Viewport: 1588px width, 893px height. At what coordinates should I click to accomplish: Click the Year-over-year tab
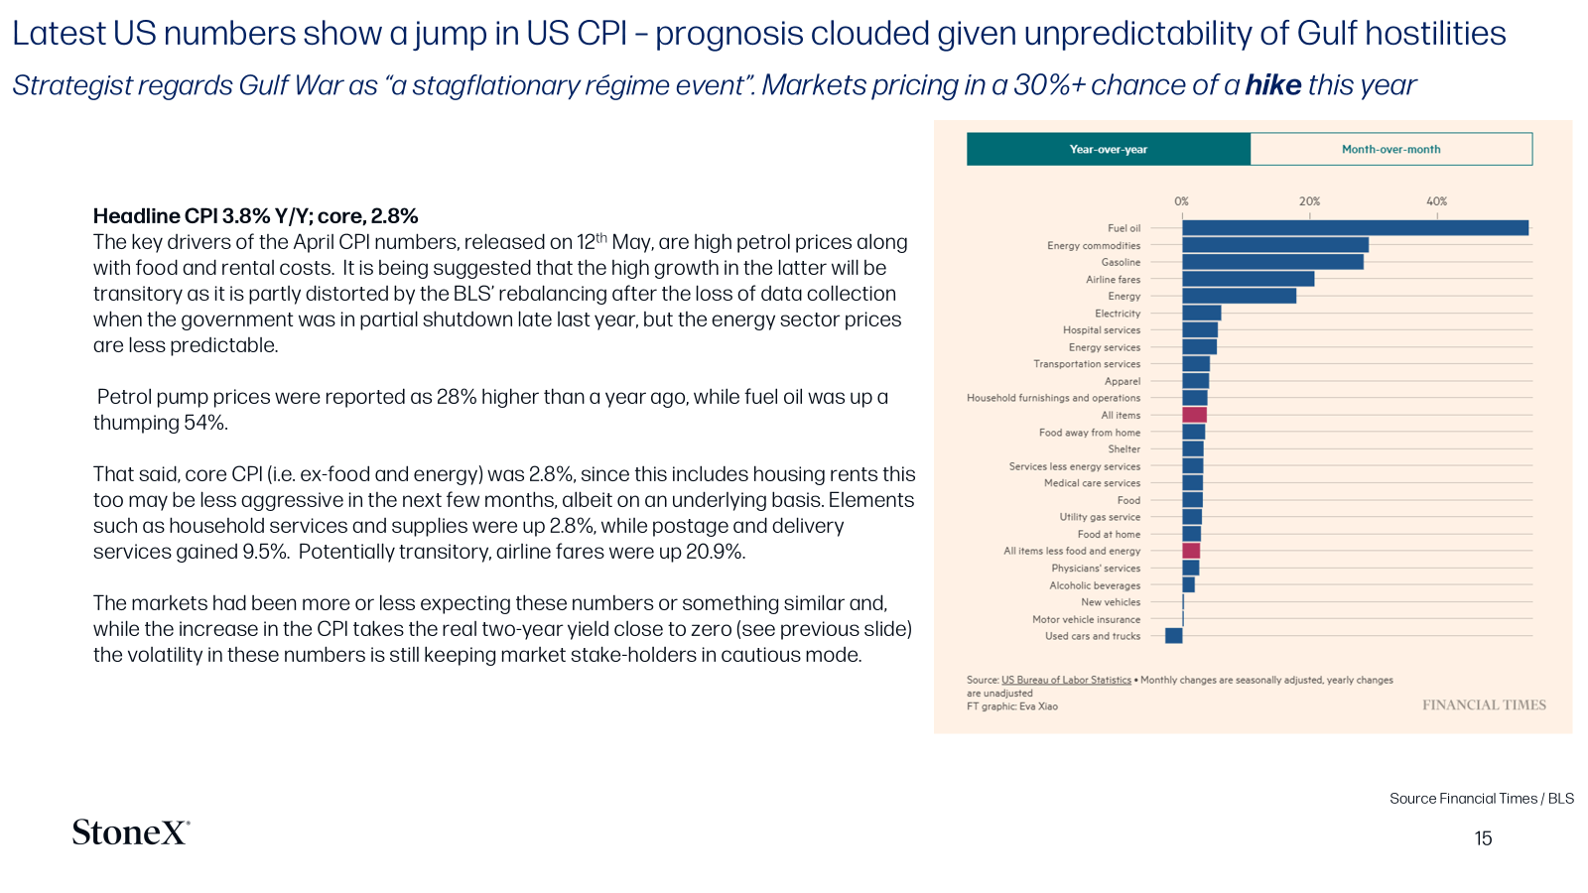coord(1108,149)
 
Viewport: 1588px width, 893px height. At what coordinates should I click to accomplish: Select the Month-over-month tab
coord(1390,149)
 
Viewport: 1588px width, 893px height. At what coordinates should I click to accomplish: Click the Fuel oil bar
coord(1356,227)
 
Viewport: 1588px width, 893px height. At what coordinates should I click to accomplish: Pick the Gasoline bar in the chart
coord(1272,262)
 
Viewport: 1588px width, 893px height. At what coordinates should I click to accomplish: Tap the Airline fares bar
coord(1249,279)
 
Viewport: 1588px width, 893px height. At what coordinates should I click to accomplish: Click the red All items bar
coord(1195,415)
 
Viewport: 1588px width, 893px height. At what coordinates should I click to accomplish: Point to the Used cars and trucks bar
coord(1174,636)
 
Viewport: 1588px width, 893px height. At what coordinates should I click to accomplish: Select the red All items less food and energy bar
coord(1191,551)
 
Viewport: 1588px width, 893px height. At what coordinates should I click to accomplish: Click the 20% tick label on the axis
coord(1309,201)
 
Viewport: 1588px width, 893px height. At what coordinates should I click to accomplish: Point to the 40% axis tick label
coord(1437,201)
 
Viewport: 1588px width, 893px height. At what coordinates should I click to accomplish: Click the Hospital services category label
coord(1102,329)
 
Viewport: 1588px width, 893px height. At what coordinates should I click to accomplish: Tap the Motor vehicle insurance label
coord(1086,619)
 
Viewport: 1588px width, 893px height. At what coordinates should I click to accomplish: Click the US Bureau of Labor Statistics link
coord(1066,680)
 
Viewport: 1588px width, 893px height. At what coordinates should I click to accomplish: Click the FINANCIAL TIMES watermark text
coord(1484,704)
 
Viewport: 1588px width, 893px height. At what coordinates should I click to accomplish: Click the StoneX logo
coord(131,832)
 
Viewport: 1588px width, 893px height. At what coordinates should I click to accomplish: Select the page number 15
coord(1483,838)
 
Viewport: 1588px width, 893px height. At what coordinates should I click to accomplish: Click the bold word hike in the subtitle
coord(1273,85)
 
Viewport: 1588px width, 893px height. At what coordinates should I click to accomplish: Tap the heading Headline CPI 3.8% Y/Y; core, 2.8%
coord(255,215)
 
